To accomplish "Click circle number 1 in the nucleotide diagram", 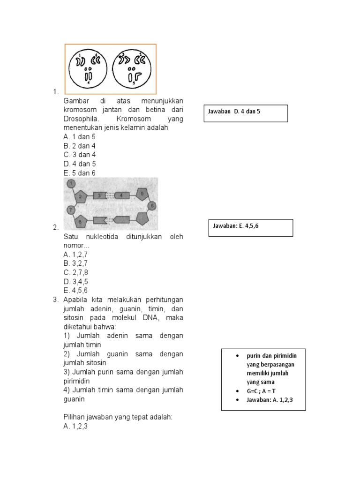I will [71, 184].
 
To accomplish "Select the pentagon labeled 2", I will [81, 196].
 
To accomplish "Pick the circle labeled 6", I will [152, 206].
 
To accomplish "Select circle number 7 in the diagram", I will [71, 210].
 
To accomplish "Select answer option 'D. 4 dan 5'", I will [79, 164].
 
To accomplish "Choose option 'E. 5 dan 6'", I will [79, 173].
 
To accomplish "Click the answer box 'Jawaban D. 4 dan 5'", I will [246, 113].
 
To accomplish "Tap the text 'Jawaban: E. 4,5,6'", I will [236, 226].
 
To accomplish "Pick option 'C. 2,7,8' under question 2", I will [75, 272].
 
